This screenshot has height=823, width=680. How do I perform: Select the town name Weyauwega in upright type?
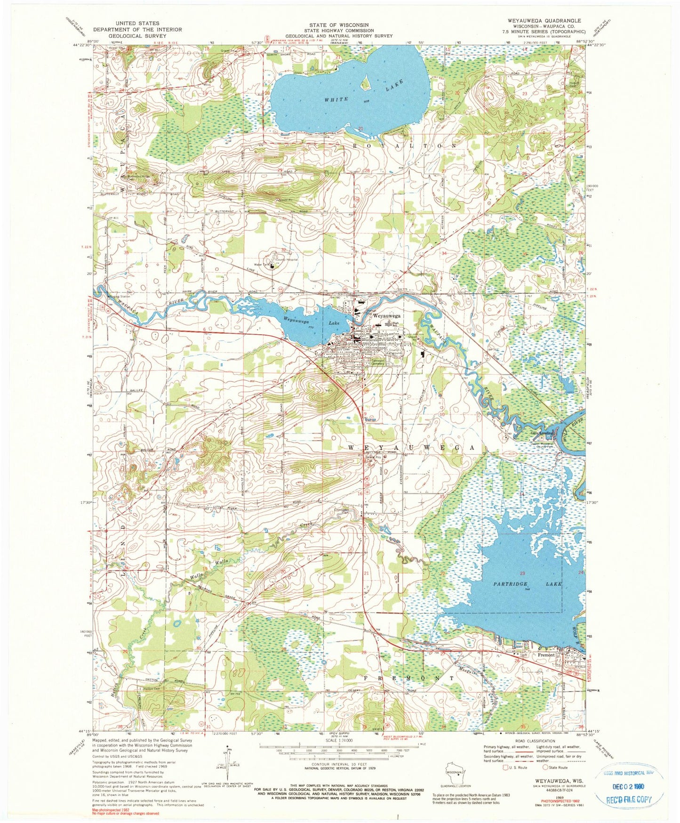[386, 316]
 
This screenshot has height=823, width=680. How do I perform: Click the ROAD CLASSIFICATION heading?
[535, 754]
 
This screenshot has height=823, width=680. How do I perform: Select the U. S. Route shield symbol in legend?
[506, 781]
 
